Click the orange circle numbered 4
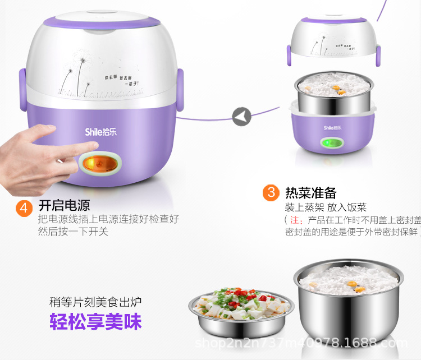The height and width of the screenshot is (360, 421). coord(24,208)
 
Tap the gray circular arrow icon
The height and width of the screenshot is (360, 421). coord(241,117)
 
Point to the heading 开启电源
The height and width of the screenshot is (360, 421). coord(64,205)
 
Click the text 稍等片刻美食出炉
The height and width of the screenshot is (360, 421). coord(95,302)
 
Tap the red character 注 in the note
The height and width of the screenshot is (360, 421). coord(294,219)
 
